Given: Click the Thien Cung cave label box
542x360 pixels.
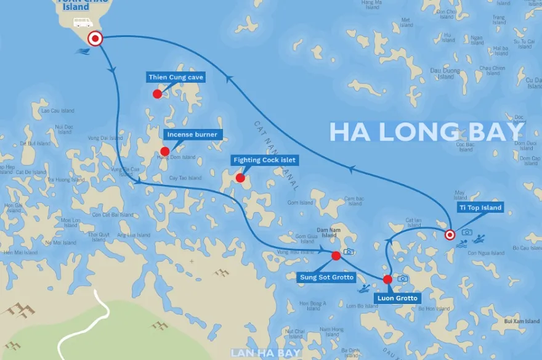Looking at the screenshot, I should tap(176, 78).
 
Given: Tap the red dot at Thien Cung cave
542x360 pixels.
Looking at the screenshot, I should tap(158, 94).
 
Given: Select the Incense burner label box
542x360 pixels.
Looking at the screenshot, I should tap(193, 134).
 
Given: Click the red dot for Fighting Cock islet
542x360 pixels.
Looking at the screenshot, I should tap(240, 179).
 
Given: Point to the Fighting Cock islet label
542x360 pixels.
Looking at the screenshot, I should tap(264, 160).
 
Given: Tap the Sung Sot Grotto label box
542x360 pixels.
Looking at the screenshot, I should tap(326, 277).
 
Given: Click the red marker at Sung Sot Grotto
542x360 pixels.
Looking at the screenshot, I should tap(336, 256).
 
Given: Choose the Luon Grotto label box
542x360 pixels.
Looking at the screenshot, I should tap(398, 298).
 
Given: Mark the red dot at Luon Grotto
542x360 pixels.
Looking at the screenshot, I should tap(387, 279).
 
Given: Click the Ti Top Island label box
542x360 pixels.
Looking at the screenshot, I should tap(480, 208).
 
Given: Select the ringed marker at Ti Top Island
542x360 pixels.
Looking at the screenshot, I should tap(450, 234).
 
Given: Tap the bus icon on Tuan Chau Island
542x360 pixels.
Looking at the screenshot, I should tap(83, 23).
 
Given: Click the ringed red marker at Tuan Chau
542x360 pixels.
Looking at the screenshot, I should tap(95, 39).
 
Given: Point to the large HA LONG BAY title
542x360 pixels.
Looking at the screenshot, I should tap(425, 132).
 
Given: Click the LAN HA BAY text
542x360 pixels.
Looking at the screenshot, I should tap(265, 353).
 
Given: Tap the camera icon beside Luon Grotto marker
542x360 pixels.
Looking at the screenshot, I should tap(403, 279).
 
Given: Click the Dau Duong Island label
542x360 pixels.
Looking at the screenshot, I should tap(446, 74).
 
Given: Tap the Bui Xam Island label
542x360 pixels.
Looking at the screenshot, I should tap(521, 321).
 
